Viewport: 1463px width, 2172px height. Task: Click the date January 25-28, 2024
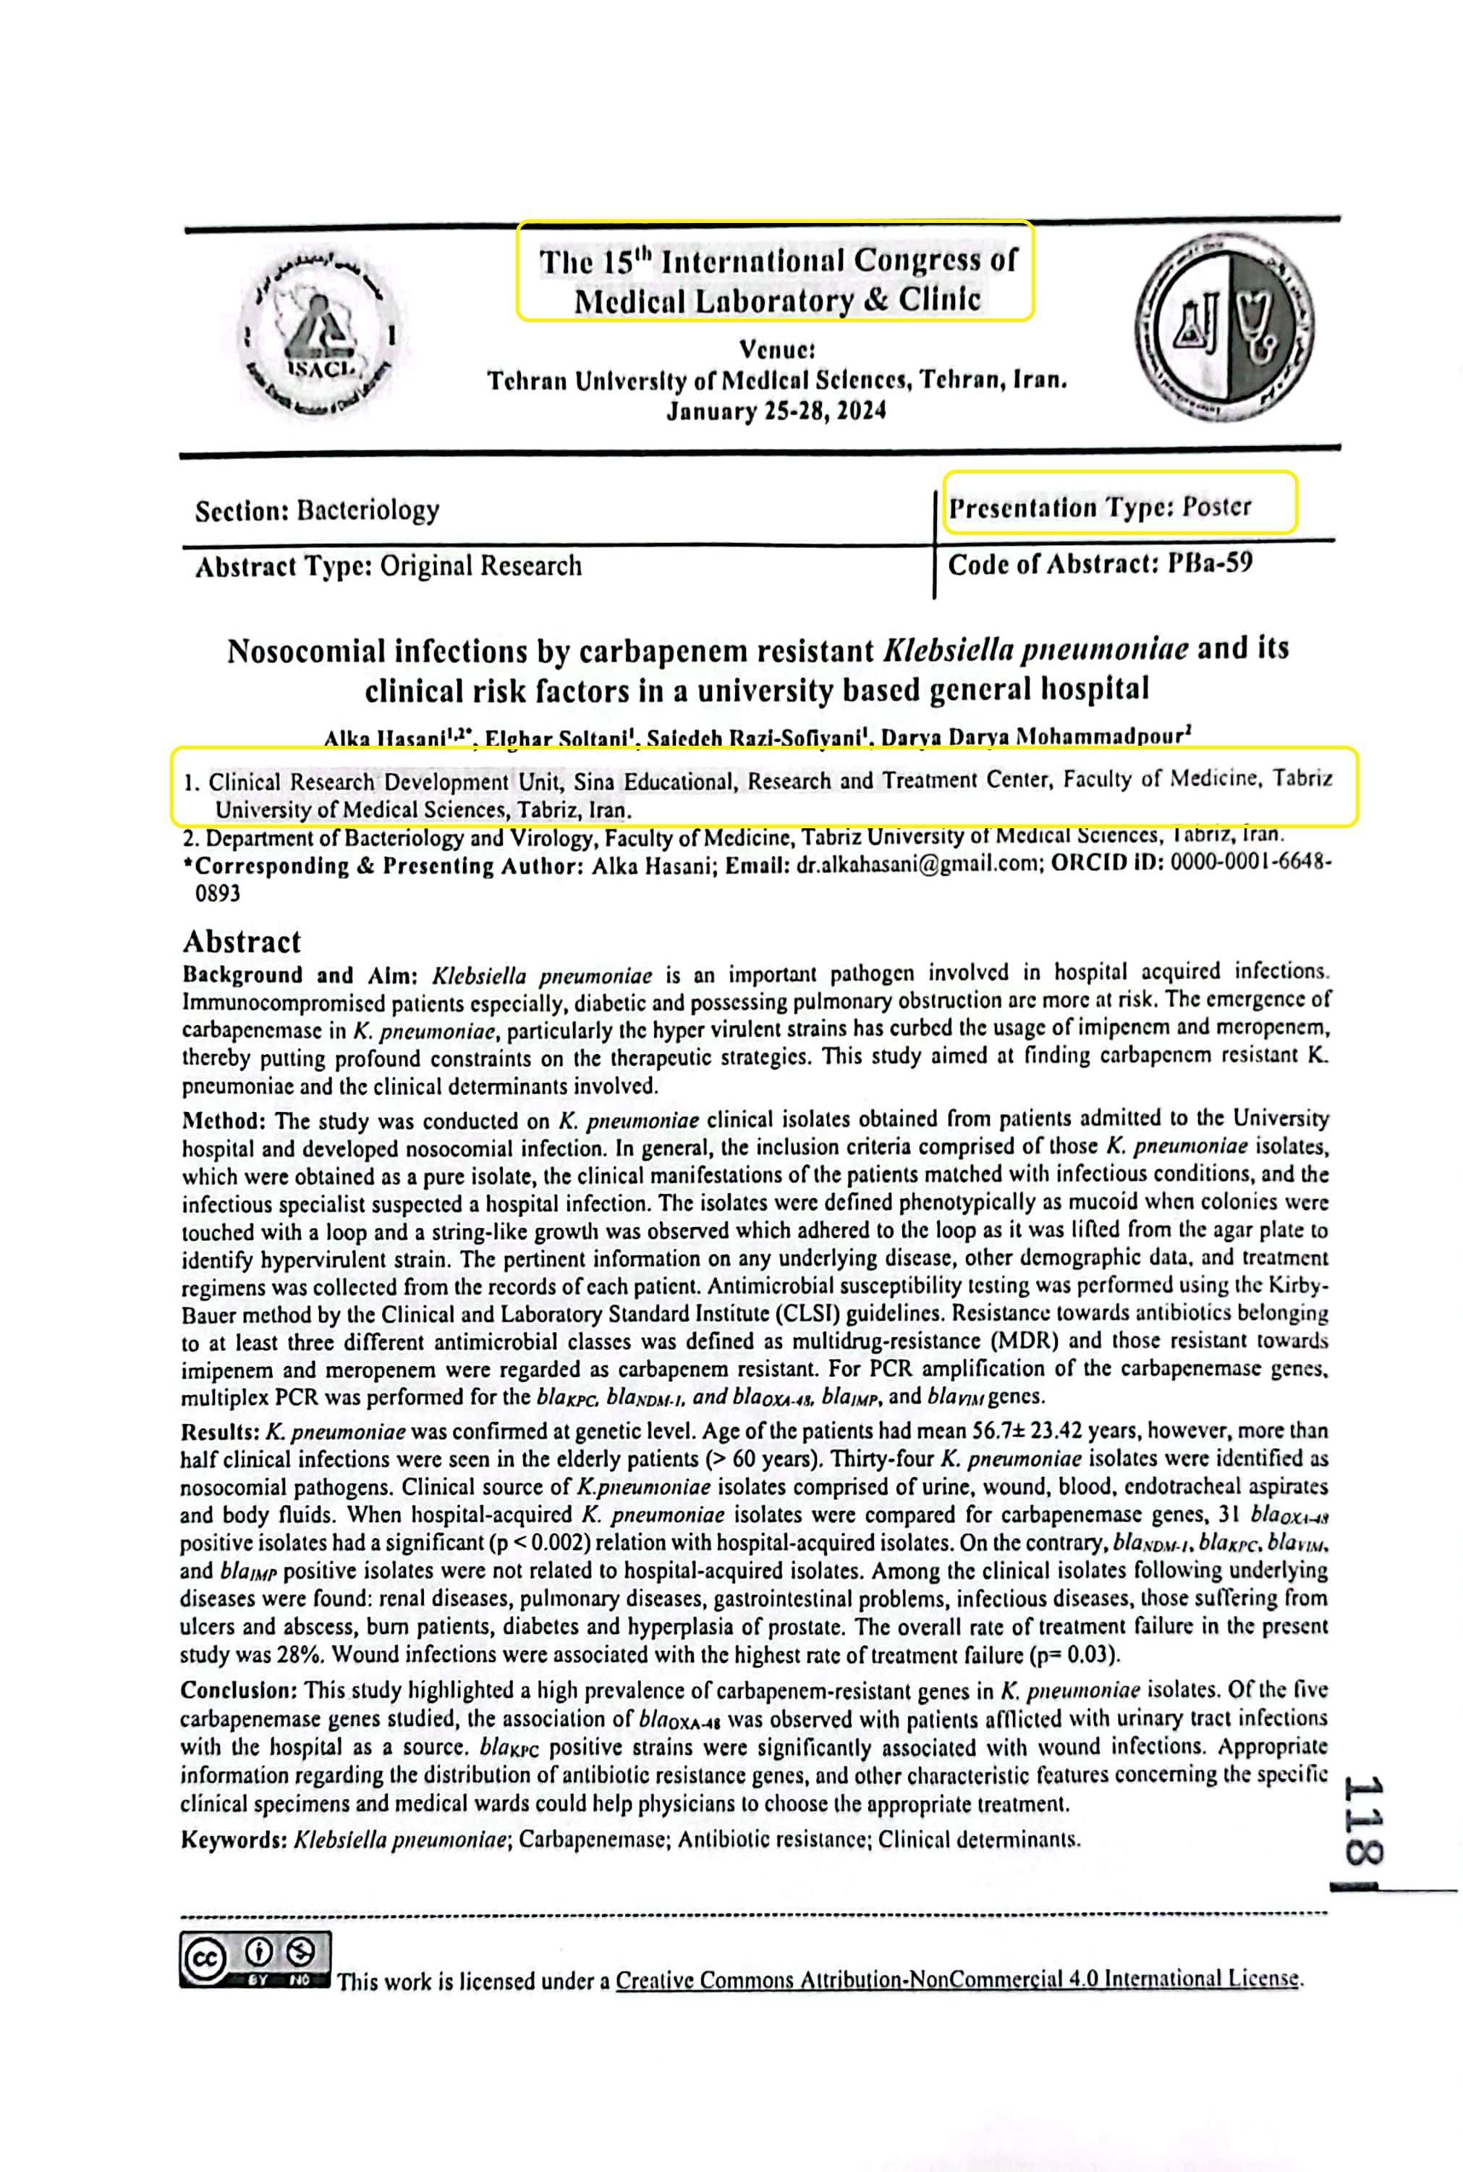pyautogui.click(x=776, y=411)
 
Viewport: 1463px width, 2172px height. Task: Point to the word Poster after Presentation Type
pyautogui.click(x=1217, y=507)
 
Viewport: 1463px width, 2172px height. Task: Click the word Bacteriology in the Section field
pyautogui.click(x=368, y=510)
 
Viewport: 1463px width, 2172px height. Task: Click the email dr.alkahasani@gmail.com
pyautogui.click(x=918, y=864)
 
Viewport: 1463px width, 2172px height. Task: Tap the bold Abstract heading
pyautogui.click(x=242, y=941)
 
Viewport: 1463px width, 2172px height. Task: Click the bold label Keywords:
pyautogui.click(x=233, y=1840)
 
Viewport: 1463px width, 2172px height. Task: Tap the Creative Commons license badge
pyautogui.click(x=255, y=1958)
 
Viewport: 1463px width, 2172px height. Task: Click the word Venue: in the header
pyautogui.click(x=777, y=350)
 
